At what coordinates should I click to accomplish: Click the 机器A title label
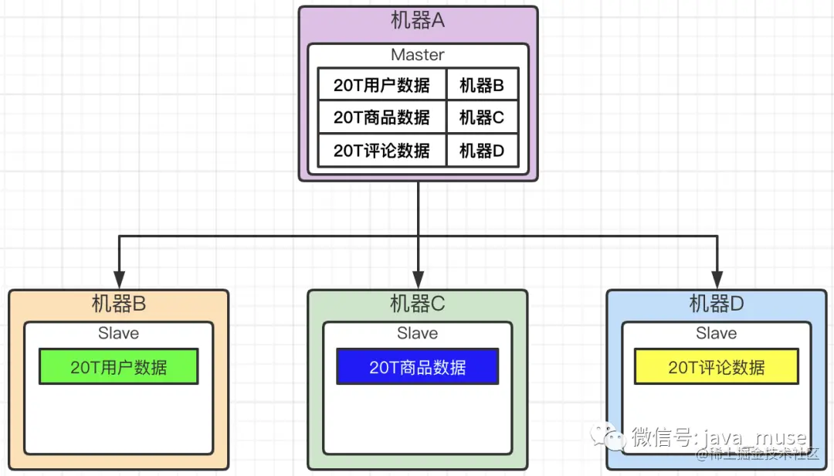(417, 22)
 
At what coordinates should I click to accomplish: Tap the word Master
(417, 55)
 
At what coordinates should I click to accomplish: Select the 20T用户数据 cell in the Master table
(381, 85)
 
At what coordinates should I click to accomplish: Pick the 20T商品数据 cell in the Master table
(381, 117)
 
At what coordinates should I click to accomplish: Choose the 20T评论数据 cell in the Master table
(381, 151)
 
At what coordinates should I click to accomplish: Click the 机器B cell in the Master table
(482, 85)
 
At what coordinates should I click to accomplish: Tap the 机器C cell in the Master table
(482, 117)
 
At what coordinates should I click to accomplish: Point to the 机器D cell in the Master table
(482, 151)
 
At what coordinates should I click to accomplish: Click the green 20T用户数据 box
(118, 367)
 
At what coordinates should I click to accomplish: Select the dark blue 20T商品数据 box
(417, 367)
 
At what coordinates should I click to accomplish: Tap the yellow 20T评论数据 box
(716, 367)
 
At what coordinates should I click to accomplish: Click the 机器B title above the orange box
(118, 304)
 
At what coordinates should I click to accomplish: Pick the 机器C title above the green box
(417, 304)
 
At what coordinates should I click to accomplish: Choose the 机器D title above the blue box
(716, 304)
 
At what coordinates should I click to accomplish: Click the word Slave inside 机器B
(118, 334)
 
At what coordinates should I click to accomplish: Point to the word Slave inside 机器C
(417, 334)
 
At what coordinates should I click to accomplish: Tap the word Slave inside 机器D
(716, 334)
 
